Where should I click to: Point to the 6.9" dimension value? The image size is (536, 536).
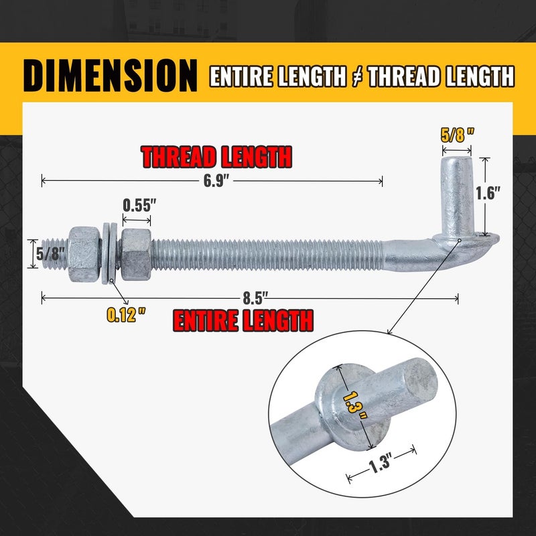[x=213, y=180]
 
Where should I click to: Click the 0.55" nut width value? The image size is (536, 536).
[x=139, y=203]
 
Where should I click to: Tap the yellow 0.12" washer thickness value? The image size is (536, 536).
[x=126, y=314]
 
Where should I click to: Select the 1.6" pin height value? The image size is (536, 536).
[x=488, y=194]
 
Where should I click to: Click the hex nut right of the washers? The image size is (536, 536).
[x=136, y=253]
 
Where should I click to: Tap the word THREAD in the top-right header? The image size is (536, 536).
[x=408, y=77]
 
